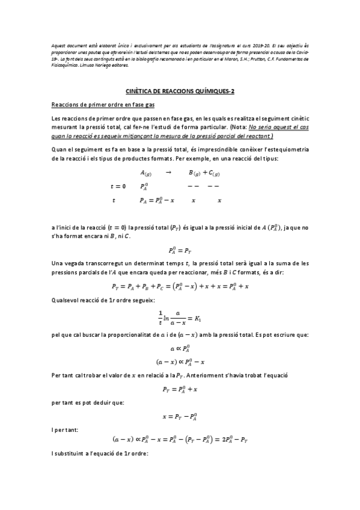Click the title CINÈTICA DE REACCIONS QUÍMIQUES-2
click(179, 91)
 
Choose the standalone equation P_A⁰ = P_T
click(179, 249)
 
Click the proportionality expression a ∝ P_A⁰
click(179, 348)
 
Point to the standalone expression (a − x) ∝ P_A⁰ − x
click(180, 361)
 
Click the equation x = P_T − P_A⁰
click(180, 416)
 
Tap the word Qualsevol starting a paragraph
click(66, 300)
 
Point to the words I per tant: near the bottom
click(63, 429)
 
